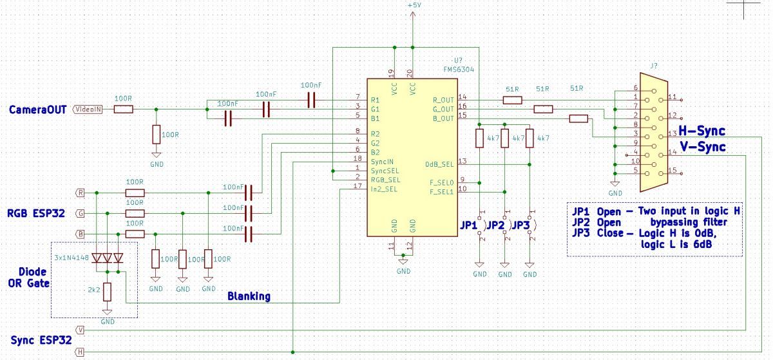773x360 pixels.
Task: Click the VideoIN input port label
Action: pyautogui.click(x=88, y=109)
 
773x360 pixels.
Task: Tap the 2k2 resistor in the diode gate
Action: pyautogui.click(x=108, y=292)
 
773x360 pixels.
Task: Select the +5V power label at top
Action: pyautogui.click(x=414, y=6)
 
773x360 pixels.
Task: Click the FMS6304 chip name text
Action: pyautogui.click(x=459, y=70)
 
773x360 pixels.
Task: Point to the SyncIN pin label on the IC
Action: pyautogui.click(x=382, y=162)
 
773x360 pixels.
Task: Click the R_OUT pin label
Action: pyautogui.click(x=443, y=100)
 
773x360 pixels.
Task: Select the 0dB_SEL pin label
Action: pyautogui.click(x=439, y=164)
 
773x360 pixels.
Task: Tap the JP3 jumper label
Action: pyautogui.click(x=520, y=225)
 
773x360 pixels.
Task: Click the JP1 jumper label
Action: pyautogui.click(x=469, y=225)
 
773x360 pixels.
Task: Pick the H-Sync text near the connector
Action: pyautogui.click(x=701, y=131)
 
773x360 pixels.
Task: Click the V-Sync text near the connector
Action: pyautogui.click(x=703, y=147)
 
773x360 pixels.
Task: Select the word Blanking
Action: pyautogui.click(x=249, y=296)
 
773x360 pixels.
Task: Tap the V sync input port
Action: pyautogui.click(x=80, y=330)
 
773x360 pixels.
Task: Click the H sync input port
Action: pyautogui.click(x=80, y=352)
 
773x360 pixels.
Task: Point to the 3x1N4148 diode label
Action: pyautogui.click(x=72, y=258)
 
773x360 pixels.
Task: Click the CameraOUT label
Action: pyautogui.click(x=37, y=109)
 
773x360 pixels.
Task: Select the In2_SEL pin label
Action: pyautogui.click(x=384, y=189)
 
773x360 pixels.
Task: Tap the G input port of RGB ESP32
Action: pyautogui.click(x=80, y=213)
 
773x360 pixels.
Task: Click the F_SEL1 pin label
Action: pyautogui.click(x=441, y=192)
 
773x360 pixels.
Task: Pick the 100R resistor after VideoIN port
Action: pyautogui.click(x=123, y=109)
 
